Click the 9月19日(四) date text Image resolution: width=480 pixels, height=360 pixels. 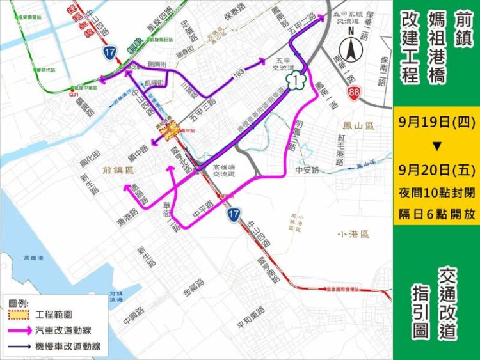pos(436,122)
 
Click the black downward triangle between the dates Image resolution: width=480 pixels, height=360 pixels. pos(436,146)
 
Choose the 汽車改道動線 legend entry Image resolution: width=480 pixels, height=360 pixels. pos(64,331)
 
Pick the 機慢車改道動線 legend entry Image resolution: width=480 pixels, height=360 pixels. pos(64,348)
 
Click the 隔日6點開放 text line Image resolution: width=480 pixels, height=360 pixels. pos(436,215)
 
